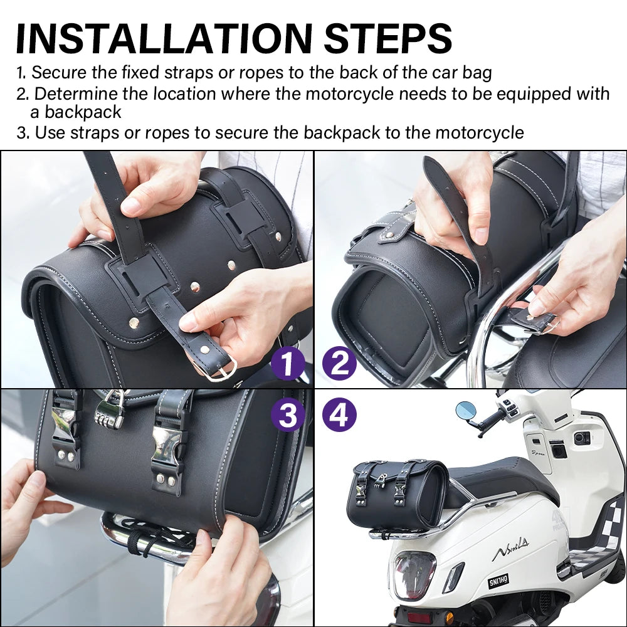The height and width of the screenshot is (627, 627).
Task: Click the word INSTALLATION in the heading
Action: tap(164, 39)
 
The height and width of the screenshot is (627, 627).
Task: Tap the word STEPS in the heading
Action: tap(387, 39)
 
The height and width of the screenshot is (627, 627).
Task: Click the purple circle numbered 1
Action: tap(288, 363)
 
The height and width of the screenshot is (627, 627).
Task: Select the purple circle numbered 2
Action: tap(339, 363)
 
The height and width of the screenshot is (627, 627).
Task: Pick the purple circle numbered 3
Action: tap(288, 414)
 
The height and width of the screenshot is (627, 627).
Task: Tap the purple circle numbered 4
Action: tap(339, 414)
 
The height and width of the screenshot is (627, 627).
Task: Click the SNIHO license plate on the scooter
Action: tap(498, 580)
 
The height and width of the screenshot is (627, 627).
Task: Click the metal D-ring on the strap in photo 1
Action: tap(218, 368)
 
